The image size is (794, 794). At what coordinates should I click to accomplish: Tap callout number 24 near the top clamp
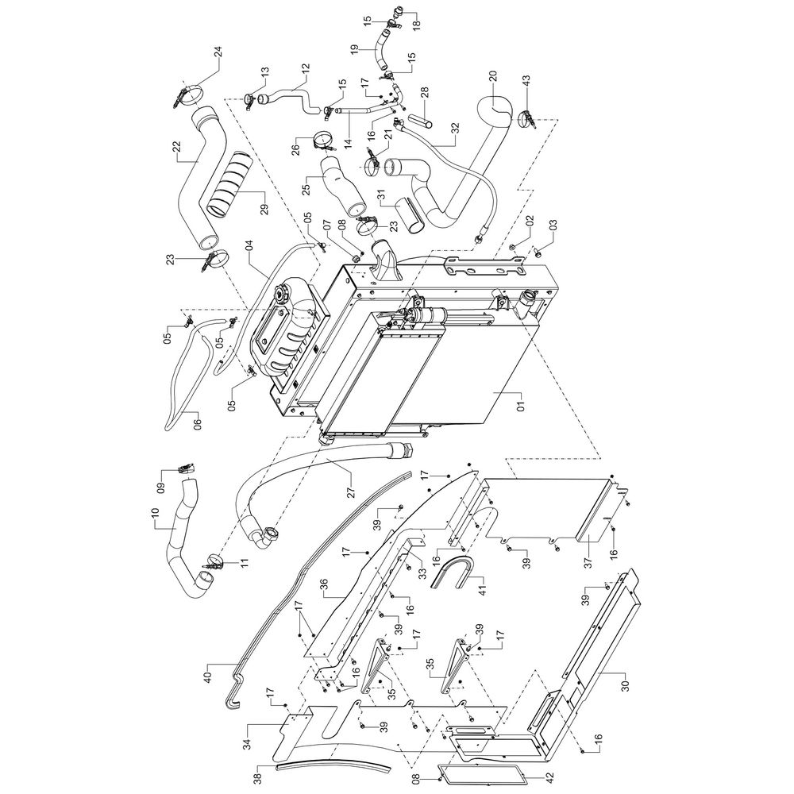tap(218, 52)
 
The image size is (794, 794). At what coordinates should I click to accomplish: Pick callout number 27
tap(352, 491)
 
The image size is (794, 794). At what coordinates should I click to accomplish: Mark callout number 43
tap(526, 82)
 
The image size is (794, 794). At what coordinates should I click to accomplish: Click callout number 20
tap(493, 76)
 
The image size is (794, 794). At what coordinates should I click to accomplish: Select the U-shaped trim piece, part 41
tap(453, 572)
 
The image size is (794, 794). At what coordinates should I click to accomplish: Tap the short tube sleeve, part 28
tap(423, 121)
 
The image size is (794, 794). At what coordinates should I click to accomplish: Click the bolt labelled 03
tap(538, 249)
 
